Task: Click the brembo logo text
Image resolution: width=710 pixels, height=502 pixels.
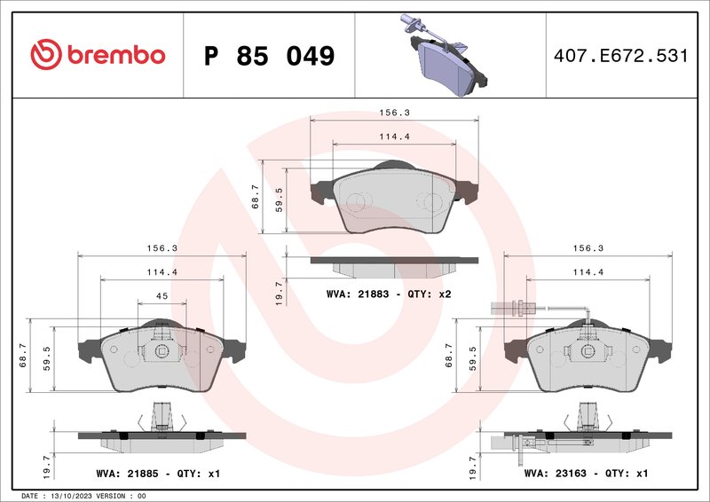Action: click(114, 55)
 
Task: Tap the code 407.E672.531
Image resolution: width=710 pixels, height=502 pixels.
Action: click(620, 56)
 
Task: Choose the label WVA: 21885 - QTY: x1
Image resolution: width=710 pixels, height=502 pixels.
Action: click(157, 474)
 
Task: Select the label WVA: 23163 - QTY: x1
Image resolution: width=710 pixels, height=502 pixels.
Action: click(587, 474)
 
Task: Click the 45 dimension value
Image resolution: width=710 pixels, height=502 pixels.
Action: click(162, 296)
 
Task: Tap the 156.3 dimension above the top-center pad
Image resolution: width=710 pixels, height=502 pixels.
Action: click(393, 114)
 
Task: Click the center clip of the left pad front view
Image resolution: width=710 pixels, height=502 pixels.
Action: click(162, 350)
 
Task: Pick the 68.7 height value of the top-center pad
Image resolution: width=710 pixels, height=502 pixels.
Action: click(256, 197)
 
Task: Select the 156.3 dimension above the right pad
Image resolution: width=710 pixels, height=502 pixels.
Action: click(588, 248)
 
